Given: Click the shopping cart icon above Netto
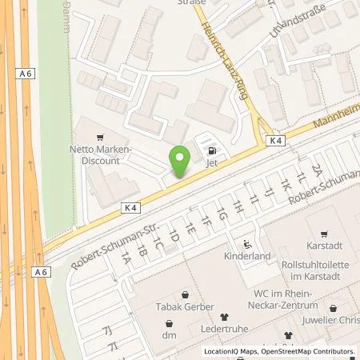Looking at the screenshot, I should (99, 138).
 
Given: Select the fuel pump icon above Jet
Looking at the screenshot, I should (212, 149).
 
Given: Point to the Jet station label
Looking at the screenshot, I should (212, 162).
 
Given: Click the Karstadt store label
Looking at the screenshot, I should (325, 246).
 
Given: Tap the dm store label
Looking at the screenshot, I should (169, 324).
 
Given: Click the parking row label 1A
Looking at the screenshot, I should (126, 258).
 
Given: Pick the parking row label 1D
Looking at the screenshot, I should (173, 236).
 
